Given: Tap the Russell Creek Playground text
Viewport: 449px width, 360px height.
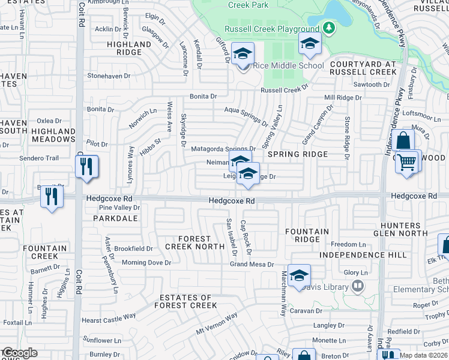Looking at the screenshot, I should [272, 29].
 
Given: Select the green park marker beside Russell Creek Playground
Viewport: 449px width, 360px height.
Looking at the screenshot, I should [328, 28].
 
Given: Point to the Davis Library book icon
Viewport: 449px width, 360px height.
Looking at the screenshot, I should [358, 286].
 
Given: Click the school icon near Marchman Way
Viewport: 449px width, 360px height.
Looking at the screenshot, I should [299, 275].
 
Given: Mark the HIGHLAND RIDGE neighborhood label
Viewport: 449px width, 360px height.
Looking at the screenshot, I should [129, 48].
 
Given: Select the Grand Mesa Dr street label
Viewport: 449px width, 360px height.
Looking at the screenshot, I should [252, 264].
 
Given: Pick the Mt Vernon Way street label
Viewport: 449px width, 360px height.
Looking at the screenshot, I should [217, 324].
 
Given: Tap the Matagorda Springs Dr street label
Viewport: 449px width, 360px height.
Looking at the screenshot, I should [223, 149].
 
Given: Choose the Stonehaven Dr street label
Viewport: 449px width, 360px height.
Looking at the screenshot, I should [109, 76].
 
